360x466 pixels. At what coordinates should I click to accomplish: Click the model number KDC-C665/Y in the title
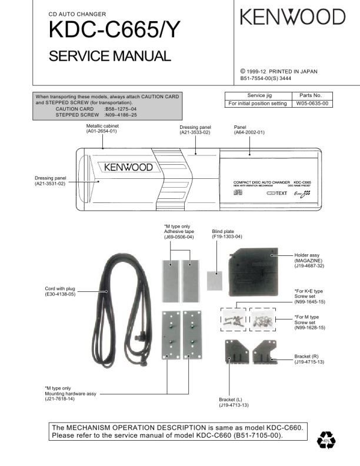coord(111,31)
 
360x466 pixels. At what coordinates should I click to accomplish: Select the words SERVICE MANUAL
coord(109,56)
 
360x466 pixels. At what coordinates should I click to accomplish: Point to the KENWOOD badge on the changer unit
coord(128,168)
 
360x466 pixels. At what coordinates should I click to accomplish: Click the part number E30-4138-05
coord(60,294)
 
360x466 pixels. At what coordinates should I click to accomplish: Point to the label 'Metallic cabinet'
coord(101,126)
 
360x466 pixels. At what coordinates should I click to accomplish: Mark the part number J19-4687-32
coord(310,266)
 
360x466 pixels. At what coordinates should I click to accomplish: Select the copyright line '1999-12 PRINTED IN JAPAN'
coord(282,71)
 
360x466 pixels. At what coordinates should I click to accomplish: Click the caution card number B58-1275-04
coord(120,109)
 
